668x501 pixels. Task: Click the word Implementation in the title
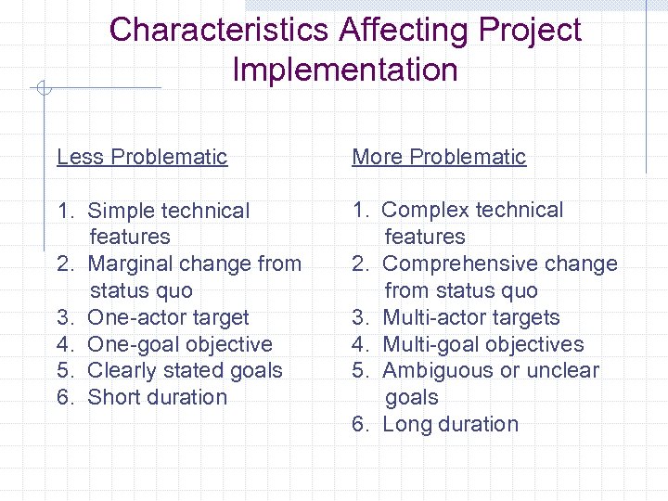pyautogui.click(x=345, y=70)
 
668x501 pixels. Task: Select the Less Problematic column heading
pyautogui.click(x=142, y=157)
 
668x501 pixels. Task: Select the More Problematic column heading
pyautogui.click(x=439, y=157)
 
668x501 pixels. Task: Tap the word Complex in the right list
pyautogui.click(x=425, y=210)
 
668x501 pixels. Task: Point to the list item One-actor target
pyautogui.click(x=168, y=317)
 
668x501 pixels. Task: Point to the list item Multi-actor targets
pyautogui.click(x=471, y=317)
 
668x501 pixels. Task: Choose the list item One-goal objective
pyautogui.click(x=180, y=344)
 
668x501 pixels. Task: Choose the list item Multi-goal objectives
pyautogui.click(x=483, y=344)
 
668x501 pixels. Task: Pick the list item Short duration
pyautogui.click(x=157, y=397)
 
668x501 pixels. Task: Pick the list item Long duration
pyautogui.click(x=451, y=424)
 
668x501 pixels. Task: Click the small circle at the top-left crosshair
pyautogui.click(x=43, y=89)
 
